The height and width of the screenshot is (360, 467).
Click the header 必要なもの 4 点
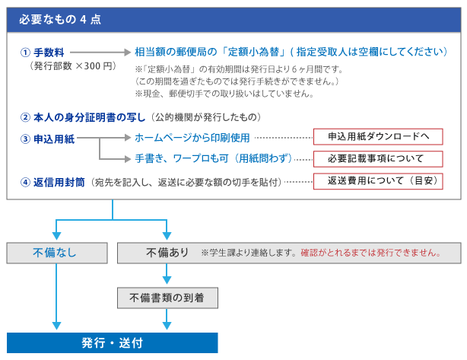click(x=60, y=20)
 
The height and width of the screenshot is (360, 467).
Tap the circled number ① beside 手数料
click(x=25, y=53)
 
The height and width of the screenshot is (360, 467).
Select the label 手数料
click(x=49, y=53)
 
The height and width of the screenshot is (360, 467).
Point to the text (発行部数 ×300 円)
click(x=72, y=66)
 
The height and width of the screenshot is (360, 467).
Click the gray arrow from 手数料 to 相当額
click(x=100, y=53)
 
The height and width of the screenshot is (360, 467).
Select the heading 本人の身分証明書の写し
click(x=89, y=117)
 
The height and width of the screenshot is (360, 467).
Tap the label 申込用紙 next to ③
click(x=54, y=139)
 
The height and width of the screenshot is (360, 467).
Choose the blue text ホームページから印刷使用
click(x=192, y=138)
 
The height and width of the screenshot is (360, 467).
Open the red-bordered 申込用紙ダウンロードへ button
click(x=378, y=137)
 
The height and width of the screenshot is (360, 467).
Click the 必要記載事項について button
click(x=378, y=159)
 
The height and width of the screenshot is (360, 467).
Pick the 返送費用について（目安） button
click(x=378, y=181)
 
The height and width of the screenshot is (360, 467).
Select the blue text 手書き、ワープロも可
click(x=182, y=158)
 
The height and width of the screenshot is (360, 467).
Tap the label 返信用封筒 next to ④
click(x=59, y=182)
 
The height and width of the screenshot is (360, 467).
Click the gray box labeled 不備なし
click(x=57, y=253)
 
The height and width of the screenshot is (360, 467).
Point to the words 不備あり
click(x=167, y=253)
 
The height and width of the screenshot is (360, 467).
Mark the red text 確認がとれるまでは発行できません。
click(x=371, y=253)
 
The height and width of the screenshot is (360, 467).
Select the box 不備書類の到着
click(x=167, y=298)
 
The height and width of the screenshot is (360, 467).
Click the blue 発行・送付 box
click(x=113, y=343)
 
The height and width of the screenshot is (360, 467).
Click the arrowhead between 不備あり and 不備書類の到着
click(x=167, y=280)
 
